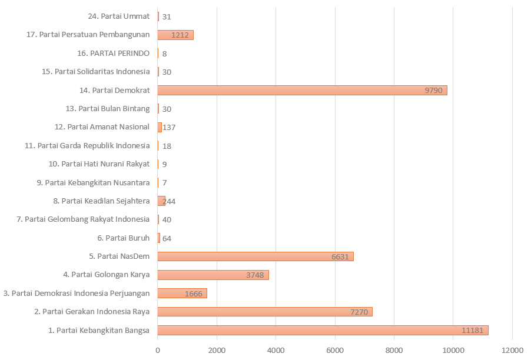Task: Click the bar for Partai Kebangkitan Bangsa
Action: click(323, 330)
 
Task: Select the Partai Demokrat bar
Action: click(302, 90)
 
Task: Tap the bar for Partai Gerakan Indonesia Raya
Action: click(265, 312)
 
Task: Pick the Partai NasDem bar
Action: click(255, 256)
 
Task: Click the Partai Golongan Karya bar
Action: click(213, 275)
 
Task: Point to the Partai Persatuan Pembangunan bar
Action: click(175, 35)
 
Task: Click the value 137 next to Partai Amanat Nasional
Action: click(169, 127)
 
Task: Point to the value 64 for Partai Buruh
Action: click(167, 238)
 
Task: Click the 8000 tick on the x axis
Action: click(394, 351)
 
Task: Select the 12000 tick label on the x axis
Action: click(512, 351)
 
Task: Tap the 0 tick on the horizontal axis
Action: click(158, 351)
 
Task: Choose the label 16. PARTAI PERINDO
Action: click(114, 53)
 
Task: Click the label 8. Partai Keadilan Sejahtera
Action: click(101, 201)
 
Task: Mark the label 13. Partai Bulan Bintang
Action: click(108, 108)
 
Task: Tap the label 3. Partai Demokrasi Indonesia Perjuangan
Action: click(77, 293)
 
